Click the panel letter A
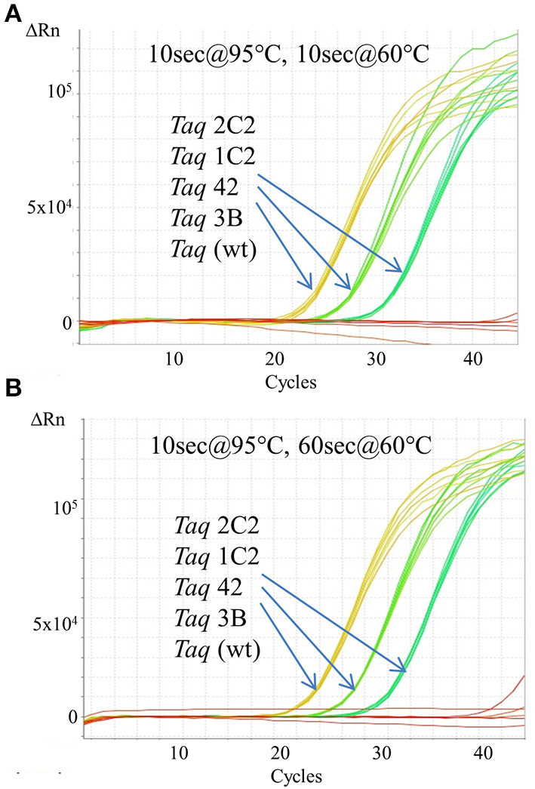pyautogui.click(x=13, y=15)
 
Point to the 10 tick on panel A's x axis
pyautogui.click(x=174, y=359)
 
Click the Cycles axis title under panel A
pyautogui.click(x=291, y=382)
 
